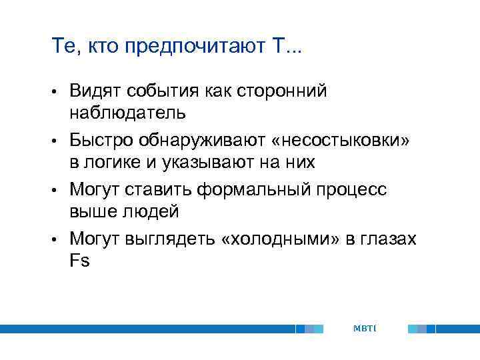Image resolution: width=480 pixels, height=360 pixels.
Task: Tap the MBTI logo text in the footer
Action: tap(365, 328)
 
